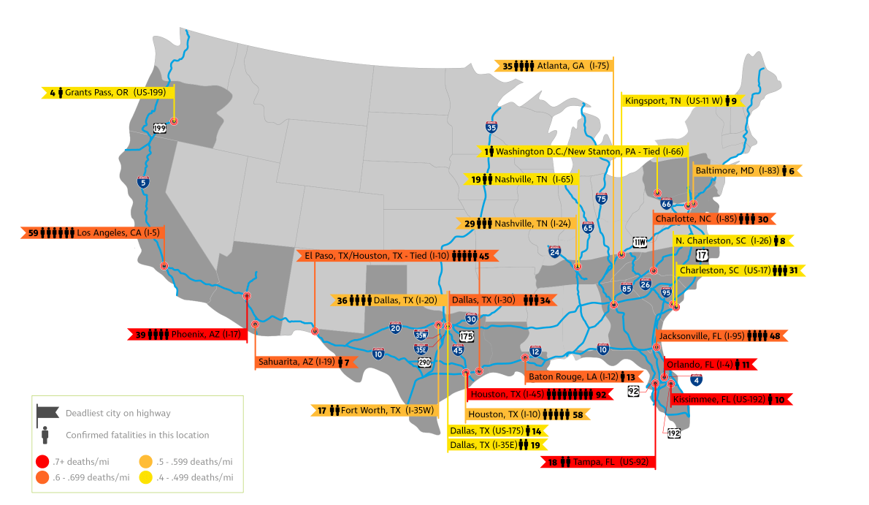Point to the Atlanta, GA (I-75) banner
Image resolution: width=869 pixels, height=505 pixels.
[554, 66]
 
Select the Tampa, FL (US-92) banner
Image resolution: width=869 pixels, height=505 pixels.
[598, 462]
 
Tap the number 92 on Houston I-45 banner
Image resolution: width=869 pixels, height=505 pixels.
[601, 395]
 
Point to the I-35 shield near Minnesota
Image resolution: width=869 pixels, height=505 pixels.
[491, 127]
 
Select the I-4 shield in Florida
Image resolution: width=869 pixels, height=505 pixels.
[696, 379]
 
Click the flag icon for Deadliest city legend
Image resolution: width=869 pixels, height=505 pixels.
[45, 414]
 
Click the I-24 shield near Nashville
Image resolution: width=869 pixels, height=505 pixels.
[555, 252]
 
